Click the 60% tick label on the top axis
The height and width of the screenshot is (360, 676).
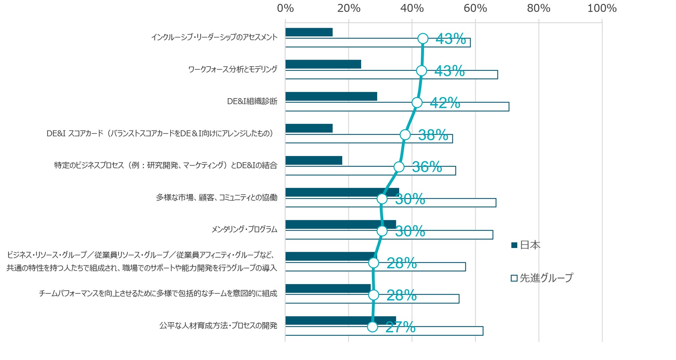(x=475, y=8)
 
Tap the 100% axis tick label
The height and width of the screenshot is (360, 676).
(x=602, y=8)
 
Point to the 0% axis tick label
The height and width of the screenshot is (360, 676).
(x=285, y=8)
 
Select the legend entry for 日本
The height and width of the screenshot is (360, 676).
(x=526, y=245)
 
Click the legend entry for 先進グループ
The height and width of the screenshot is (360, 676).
(x=542, y=278)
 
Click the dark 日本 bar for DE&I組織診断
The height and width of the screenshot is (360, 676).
(x=331, y=96)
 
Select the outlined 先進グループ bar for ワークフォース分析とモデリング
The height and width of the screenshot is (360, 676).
(x=391, y=75)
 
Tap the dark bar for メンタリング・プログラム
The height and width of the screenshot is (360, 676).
(x=340, y=224)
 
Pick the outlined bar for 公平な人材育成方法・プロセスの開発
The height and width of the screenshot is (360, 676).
(x=384, y=331)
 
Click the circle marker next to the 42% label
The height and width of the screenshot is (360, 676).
(x=417, y=103)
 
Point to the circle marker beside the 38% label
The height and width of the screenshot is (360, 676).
(x=405, y=135)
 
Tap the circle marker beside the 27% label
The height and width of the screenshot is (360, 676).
(x=372, y=327)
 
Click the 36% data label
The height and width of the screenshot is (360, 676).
(x=427, y=167)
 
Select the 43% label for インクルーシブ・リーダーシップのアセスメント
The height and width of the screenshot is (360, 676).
(x=450, y=39)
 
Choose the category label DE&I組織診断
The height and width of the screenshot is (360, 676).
(x=252, y=101)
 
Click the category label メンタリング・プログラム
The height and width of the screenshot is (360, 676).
(x=244, y=229)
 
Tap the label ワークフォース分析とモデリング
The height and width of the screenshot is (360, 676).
(x=233, y=69)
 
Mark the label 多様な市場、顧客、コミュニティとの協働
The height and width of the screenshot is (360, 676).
(x=217, y=197)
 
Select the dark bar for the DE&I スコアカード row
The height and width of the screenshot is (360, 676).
(x=309, y=128)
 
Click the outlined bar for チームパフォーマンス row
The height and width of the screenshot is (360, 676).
(x=372, y=299)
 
